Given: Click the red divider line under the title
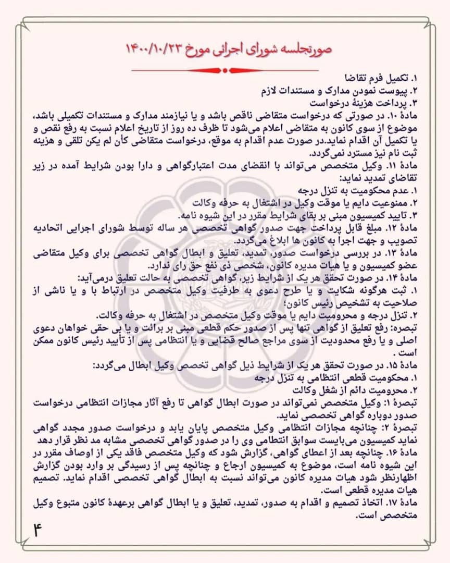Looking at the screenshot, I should [224, 69].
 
